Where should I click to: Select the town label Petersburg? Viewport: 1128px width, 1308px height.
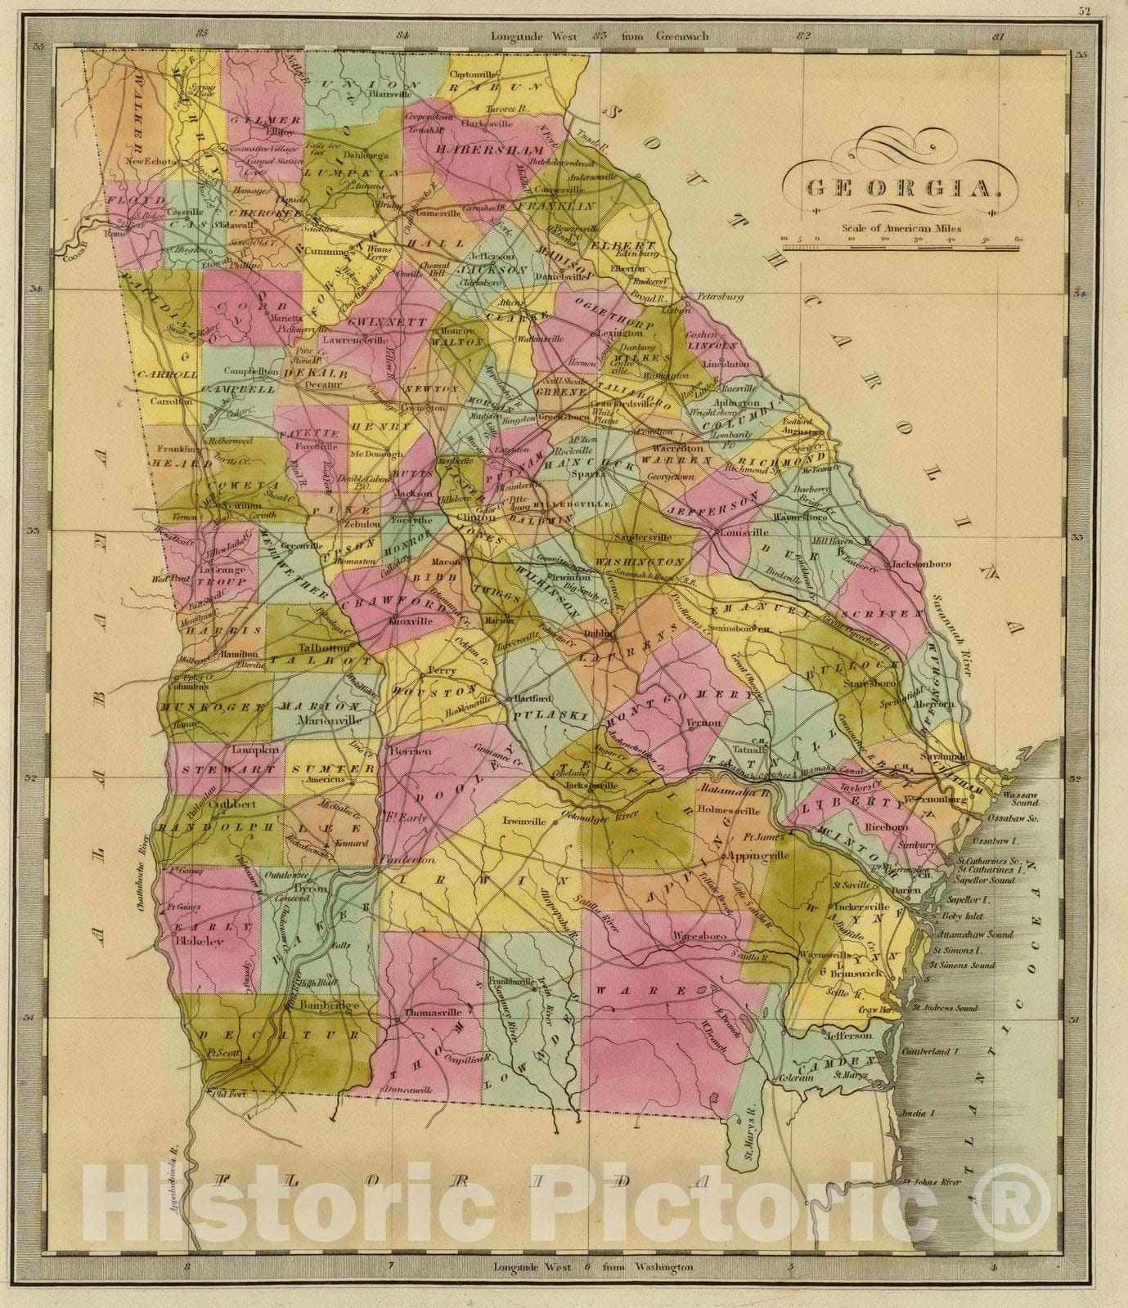pyautogui.click(x=720, y=298)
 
